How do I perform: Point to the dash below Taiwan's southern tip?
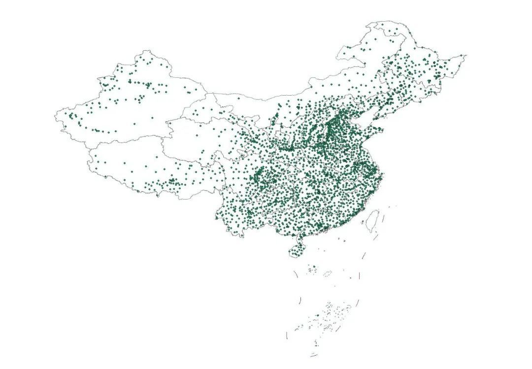coord(375,237)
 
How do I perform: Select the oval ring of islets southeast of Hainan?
coord(328,272)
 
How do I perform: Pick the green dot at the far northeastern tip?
coord(461,56)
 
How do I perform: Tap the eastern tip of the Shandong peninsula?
coord(383,130)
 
